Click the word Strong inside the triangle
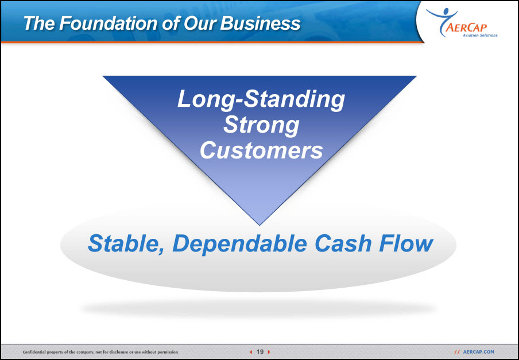(x=261, y=125)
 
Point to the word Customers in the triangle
(x=261, y=150)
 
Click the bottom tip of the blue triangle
(x=259, y=225)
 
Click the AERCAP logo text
(x=466, y=27)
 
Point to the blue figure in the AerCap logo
(x=442, y=21)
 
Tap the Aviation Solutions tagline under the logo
(x=480, y=35)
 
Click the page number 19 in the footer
(x=260, y=352)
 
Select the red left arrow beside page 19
(x=251, y=352)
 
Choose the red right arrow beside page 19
(x=269, y=352)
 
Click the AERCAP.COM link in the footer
(x=479, y=352)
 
